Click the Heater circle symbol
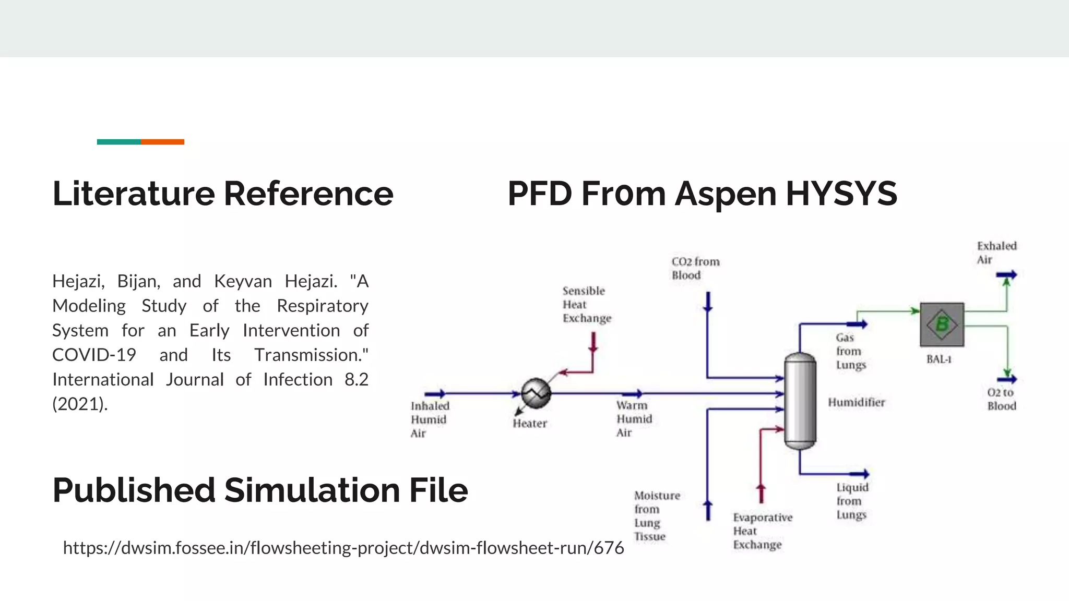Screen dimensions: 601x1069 (536, 393)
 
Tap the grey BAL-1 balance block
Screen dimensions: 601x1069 (942, 324)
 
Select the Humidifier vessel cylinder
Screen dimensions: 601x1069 (800, 401)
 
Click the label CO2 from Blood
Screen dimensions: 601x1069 (695, 268)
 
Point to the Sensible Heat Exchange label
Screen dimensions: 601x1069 (586, 305)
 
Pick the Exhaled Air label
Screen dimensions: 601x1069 (996, 253)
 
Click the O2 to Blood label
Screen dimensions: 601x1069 (1001, 399)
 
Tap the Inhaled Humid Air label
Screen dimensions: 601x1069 (430, 419)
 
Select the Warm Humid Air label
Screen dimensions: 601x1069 (634, 419)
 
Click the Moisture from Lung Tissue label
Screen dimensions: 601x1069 (657, 515)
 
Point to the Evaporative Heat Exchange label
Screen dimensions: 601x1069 (762, 531)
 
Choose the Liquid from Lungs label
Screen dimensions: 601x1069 (852, 501)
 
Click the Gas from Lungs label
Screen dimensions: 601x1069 (850, 351)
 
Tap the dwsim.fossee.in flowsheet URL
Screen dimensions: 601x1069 (343, 548)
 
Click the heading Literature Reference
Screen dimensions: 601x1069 (223, 194)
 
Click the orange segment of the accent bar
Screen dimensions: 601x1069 (162, 142)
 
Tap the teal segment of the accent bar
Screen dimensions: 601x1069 (118, 142)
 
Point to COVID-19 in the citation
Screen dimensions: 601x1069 (94, 355)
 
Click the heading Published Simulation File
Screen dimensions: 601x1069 (260, 490)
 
